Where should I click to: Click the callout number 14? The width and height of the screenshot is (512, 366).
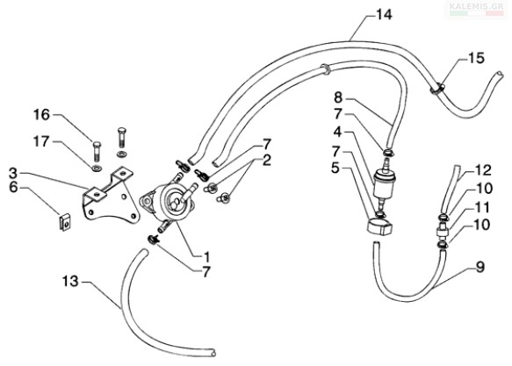pos(384,15)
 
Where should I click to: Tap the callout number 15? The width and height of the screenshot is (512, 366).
pos(476,58)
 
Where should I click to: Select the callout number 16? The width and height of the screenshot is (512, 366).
pos(42,115)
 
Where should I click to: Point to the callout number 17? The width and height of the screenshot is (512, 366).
pos(41,141)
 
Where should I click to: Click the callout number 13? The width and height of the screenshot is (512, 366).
pos(70,281)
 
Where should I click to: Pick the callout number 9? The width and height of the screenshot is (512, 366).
pos(480,267)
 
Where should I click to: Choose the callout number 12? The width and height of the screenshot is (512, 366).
pos(483,170)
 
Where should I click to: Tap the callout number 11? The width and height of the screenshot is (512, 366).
pos(483,207)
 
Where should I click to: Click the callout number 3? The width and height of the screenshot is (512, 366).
pos(13,173)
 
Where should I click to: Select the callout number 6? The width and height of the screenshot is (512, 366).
pos(13,188)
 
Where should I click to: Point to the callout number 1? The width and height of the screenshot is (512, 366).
pos(206,257)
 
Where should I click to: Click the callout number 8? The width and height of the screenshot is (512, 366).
pos(338,97)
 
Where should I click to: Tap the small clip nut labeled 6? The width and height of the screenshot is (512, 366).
pos(66,222)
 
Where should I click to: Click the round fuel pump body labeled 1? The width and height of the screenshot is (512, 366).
pos(169,202)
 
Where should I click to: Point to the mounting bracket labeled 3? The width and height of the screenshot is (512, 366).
pos(111,197)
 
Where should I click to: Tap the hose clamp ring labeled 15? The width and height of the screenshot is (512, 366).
pos(436,89)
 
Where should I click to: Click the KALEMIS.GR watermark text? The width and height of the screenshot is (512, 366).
pos(476,6)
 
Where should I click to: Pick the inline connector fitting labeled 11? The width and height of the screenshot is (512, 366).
pos(443,230)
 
